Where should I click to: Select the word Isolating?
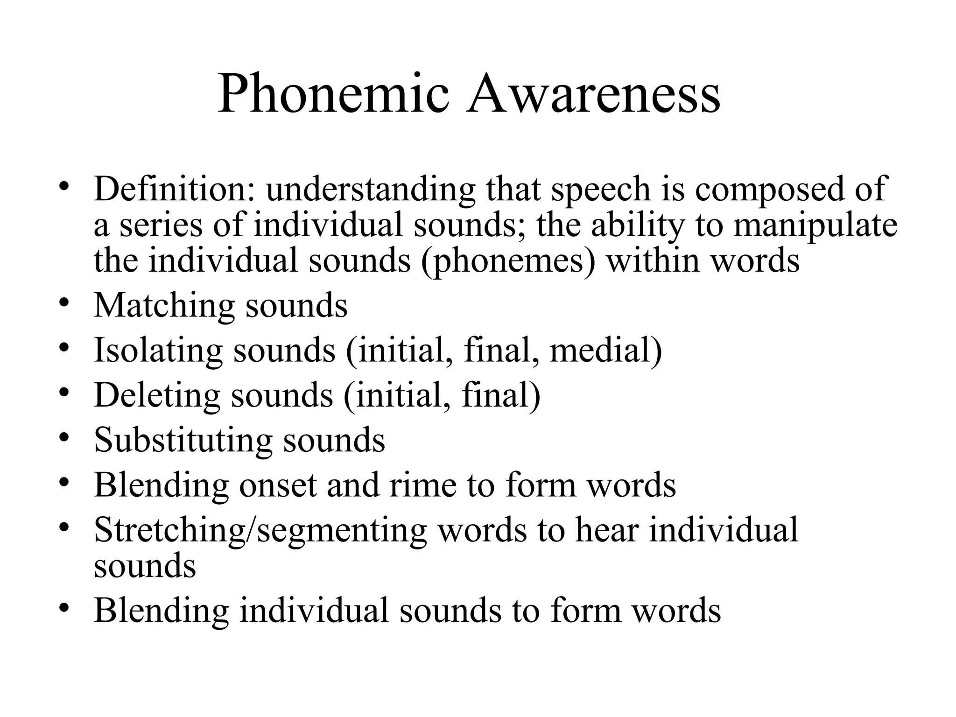tap(158, 351)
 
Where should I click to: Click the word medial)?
tap(606, 351)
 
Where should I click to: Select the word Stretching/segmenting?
tap(260, 531)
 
